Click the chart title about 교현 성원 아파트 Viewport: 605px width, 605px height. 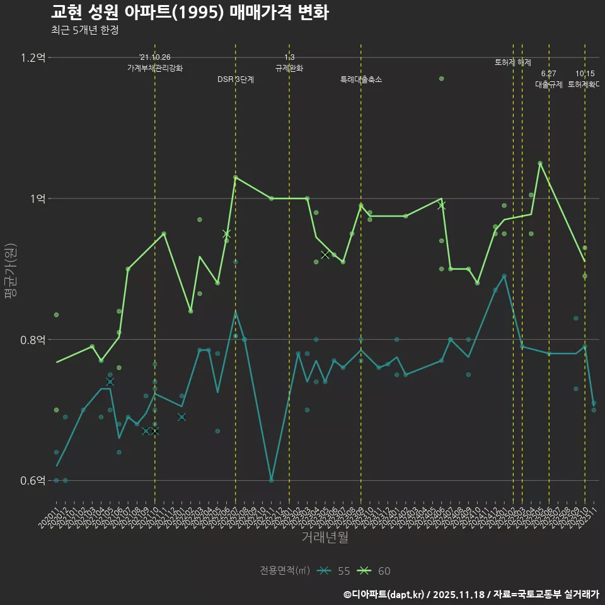(x=189, y=13)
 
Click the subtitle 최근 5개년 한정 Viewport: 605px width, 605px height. (x=84, y=30)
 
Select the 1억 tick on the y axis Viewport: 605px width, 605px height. (x=38, y=199)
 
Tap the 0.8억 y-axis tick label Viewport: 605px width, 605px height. (x=33, y=340)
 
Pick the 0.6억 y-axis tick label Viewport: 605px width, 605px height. (x=33, y=480)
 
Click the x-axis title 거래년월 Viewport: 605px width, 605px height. (x=325, y=538)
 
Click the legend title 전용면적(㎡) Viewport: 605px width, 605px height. (x=285, y=571)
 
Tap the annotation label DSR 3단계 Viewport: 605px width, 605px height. (x=236, y=80)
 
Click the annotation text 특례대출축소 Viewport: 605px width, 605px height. (x=361, y=80)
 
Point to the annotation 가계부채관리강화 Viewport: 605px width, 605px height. (x=155, y=68)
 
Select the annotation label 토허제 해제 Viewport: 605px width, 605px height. (x=513, y=62)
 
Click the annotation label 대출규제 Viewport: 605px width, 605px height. (x=549, y=84)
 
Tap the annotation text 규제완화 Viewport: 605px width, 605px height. (x=289, y=68)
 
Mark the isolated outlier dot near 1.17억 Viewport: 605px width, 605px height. (x=442, y=79)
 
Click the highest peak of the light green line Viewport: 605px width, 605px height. (x=540, y=163)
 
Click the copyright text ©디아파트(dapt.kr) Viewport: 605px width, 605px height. (x=384, y=594)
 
